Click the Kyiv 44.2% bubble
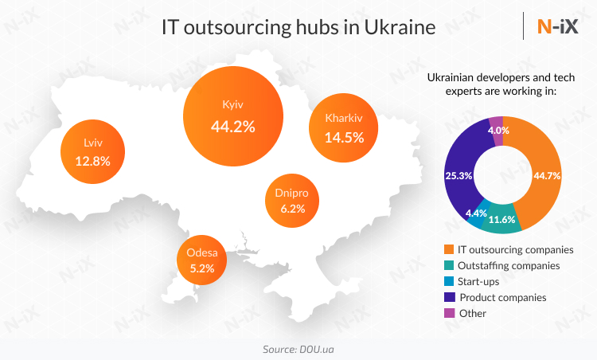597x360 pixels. click(233, 115)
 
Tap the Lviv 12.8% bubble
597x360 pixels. click(93, 151)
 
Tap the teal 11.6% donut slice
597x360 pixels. click(503, 221)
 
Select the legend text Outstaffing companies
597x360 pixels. click(509, 266)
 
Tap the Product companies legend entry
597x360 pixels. click(502, 297)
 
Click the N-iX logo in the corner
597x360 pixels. click(557, 27)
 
